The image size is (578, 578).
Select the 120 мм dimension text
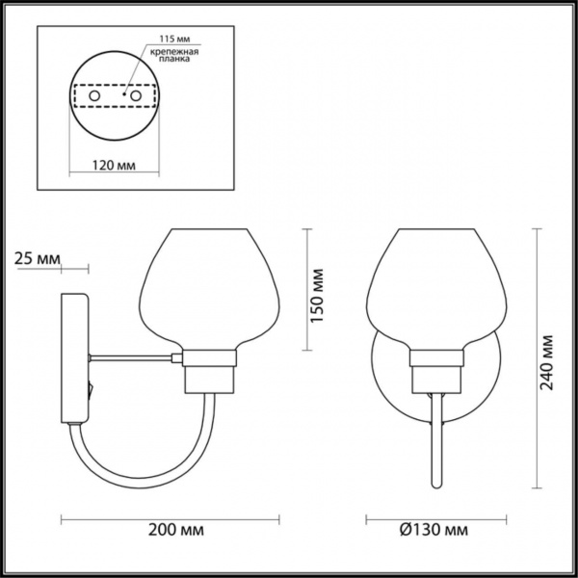tap(113, 165)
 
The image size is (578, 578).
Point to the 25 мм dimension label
tap(39, 258)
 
